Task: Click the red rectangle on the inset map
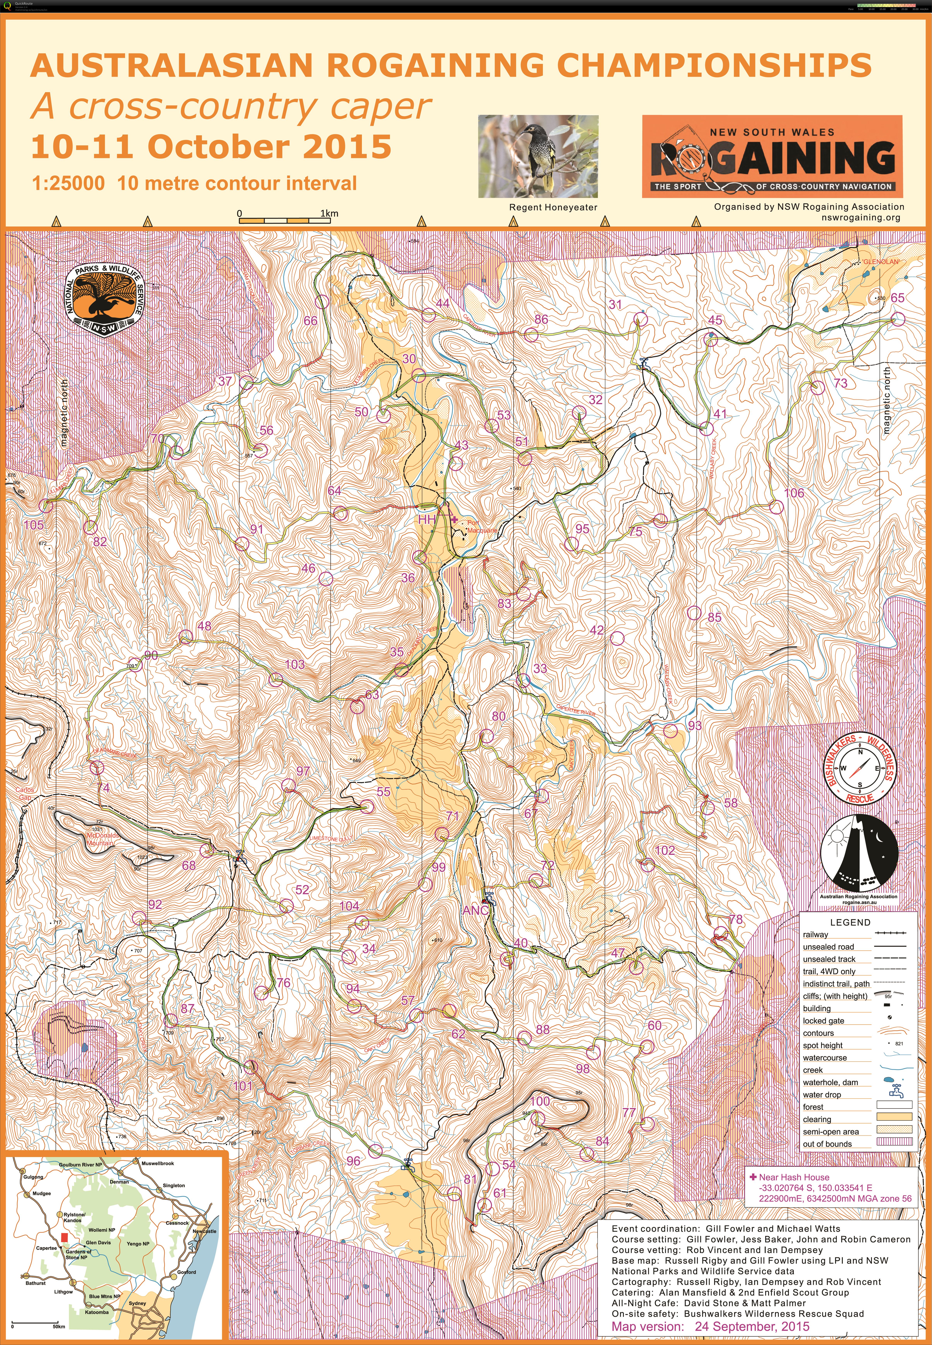click(64, 1237)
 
